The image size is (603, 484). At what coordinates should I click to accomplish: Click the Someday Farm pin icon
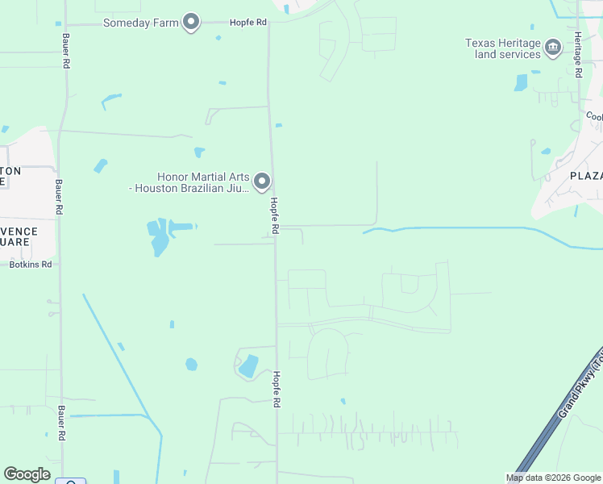click(191, 23)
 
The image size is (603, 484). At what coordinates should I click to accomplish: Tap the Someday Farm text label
click(141, 23)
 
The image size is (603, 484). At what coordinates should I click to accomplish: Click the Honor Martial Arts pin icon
click(262, 182)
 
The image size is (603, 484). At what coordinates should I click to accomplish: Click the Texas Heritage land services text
click(502, 48)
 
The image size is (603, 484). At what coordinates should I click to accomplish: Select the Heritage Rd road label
click(578, 60)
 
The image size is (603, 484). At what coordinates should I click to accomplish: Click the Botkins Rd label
click(30, 264)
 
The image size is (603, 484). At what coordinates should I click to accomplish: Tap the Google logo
click(27, 474)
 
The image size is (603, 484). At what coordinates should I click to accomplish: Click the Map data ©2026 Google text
click(553, 478)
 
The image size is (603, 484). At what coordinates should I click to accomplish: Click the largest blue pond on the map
click(160, 236)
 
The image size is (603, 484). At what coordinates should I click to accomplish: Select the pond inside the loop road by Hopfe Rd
click(248, 366)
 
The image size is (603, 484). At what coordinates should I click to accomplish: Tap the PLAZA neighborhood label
click(586, 176)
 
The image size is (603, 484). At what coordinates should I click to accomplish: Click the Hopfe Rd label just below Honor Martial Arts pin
click(274, 216)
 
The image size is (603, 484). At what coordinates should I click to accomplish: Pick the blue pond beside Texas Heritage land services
click(521, 82)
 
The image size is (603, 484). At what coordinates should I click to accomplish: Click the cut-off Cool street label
click(594, 117)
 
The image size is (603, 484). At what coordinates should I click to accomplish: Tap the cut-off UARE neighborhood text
click(18, 241)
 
